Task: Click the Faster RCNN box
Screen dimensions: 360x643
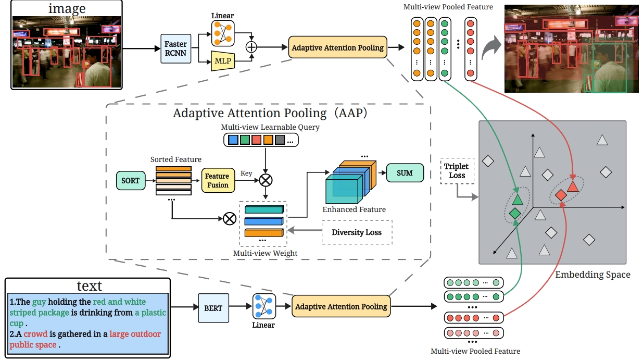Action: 175,48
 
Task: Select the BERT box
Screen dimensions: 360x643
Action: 213,308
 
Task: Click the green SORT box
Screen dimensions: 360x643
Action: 130,180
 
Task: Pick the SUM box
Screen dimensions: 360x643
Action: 405,173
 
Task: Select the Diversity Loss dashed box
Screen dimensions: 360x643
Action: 357,232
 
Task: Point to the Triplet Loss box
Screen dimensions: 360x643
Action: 457,171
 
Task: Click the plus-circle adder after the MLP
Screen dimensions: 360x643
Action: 251,47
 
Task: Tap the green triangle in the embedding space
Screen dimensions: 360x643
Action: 517,199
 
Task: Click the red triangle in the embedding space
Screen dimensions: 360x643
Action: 573,186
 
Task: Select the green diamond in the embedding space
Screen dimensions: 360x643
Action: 514,213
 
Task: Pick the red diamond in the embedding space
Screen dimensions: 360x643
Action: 561,195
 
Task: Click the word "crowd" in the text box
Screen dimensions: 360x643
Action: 36,334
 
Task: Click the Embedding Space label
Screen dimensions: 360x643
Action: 592,274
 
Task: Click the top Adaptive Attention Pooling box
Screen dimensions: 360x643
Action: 337,47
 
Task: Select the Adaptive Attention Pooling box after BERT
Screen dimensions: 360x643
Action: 341,306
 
